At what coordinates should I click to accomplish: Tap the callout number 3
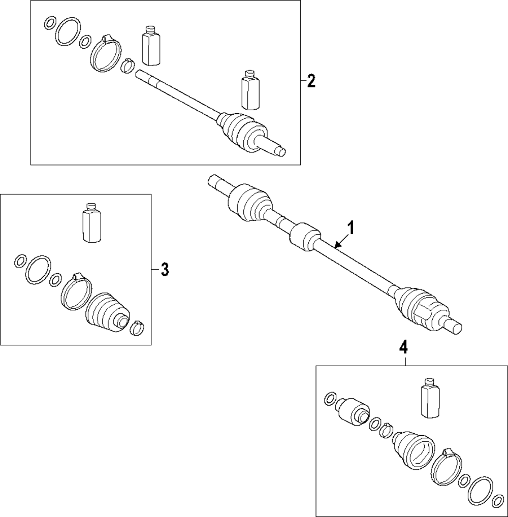coord(164,269)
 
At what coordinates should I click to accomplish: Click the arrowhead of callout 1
coord(336,246)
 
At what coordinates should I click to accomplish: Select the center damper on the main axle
coord(305,236)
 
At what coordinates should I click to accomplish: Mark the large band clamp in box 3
coord(77,290)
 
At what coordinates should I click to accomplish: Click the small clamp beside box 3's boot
coord(137,328)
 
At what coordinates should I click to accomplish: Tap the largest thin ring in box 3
coord(38,270)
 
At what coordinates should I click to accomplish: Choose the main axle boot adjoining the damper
coord(248,204)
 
